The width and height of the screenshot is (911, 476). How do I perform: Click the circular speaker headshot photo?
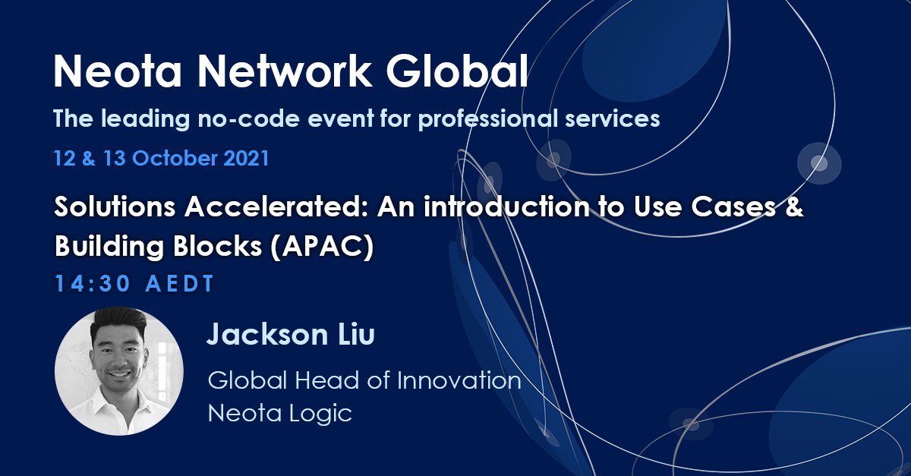119,371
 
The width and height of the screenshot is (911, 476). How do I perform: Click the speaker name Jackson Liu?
291,336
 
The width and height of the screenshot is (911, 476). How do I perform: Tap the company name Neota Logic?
280,413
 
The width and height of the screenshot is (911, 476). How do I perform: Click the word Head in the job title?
316,380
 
